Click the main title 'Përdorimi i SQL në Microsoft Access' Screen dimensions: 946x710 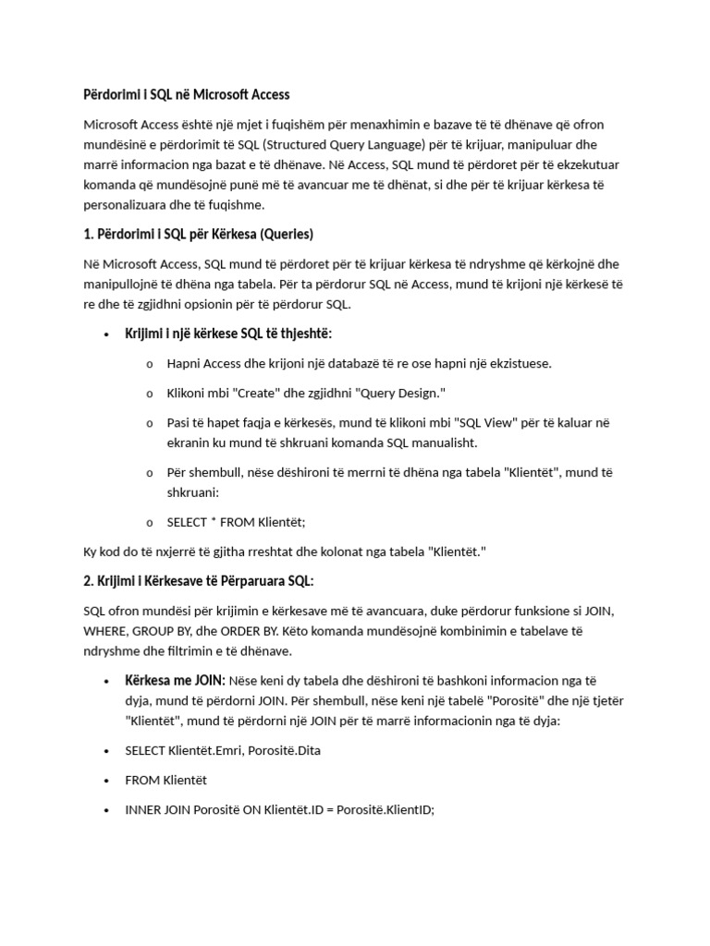tap(186, 94)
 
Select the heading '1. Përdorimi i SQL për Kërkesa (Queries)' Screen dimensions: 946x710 tap(199, 233)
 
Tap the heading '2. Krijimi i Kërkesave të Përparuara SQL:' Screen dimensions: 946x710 tap(199, 580)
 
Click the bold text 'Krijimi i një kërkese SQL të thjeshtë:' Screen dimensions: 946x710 tap(228, 333)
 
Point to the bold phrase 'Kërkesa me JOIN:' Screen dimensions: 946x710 tap(175, 681)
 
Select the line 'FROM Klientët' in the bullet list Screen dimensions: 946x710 tap(166, 780)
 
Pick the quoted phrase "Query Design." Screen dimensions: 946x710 tap(398, 394)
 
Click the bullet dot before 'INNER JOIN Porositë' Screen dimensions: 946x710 tap(107, 809)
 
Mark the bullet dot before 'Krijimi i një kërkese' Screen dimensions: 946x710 tap(107, 334)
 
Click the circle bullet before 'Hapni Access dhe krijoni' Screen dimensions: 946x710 tap(149, 363)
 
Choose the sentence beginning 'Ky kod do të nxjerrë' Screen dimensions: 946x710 tap(285, 552)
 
